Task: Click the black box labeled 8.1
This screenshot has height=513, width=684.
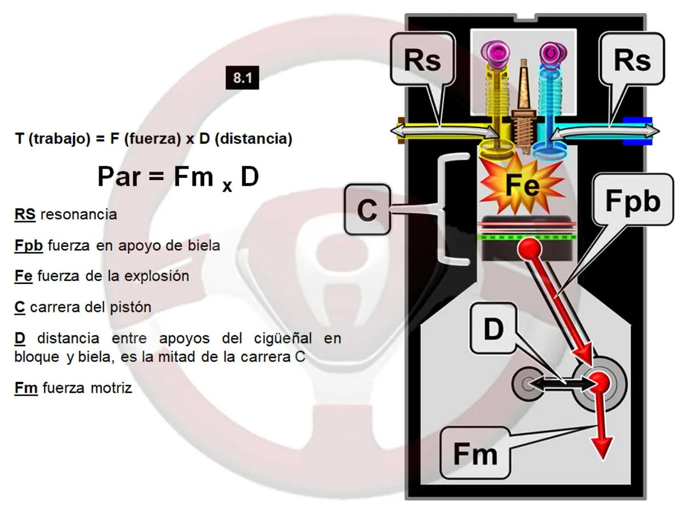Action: [242, 78]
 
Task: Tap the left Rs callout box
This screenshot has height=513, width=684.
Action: [422, 59]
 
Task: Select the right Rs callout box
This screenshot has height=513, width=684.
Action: [632, 59]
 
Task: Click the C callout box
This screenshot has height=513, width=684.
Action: [368, 209]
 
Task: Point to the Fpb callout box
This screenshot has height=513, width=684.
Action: [633, 199]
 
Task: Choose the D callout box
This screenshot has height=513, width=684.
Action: [494, 328]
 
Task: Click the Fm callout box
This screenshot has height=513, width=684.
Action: [475, 454]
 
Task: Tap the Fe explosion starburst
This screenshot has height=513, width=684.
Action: [522, 185]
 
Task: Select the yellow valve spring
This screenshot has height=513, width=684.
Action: [497, 93]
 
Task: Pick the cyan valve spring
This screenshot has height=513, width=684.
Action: [551, 93]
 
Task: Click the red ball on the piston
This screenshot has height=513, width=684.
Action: [529, 248]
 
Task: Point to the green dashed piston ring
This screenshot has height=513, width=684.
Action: [527, 237]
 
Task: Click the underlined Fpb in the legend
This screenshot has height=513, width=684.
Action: [28, 246]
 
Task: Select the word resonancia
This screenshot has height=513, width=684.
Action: [79, 214]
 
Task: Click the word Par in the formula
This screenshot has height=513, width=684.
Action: [119, 177]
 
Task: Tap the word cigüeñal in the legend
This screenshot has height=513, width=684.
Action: [283, 339]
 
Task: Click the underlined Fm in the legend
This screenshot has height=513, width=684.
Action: [26, 388]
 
